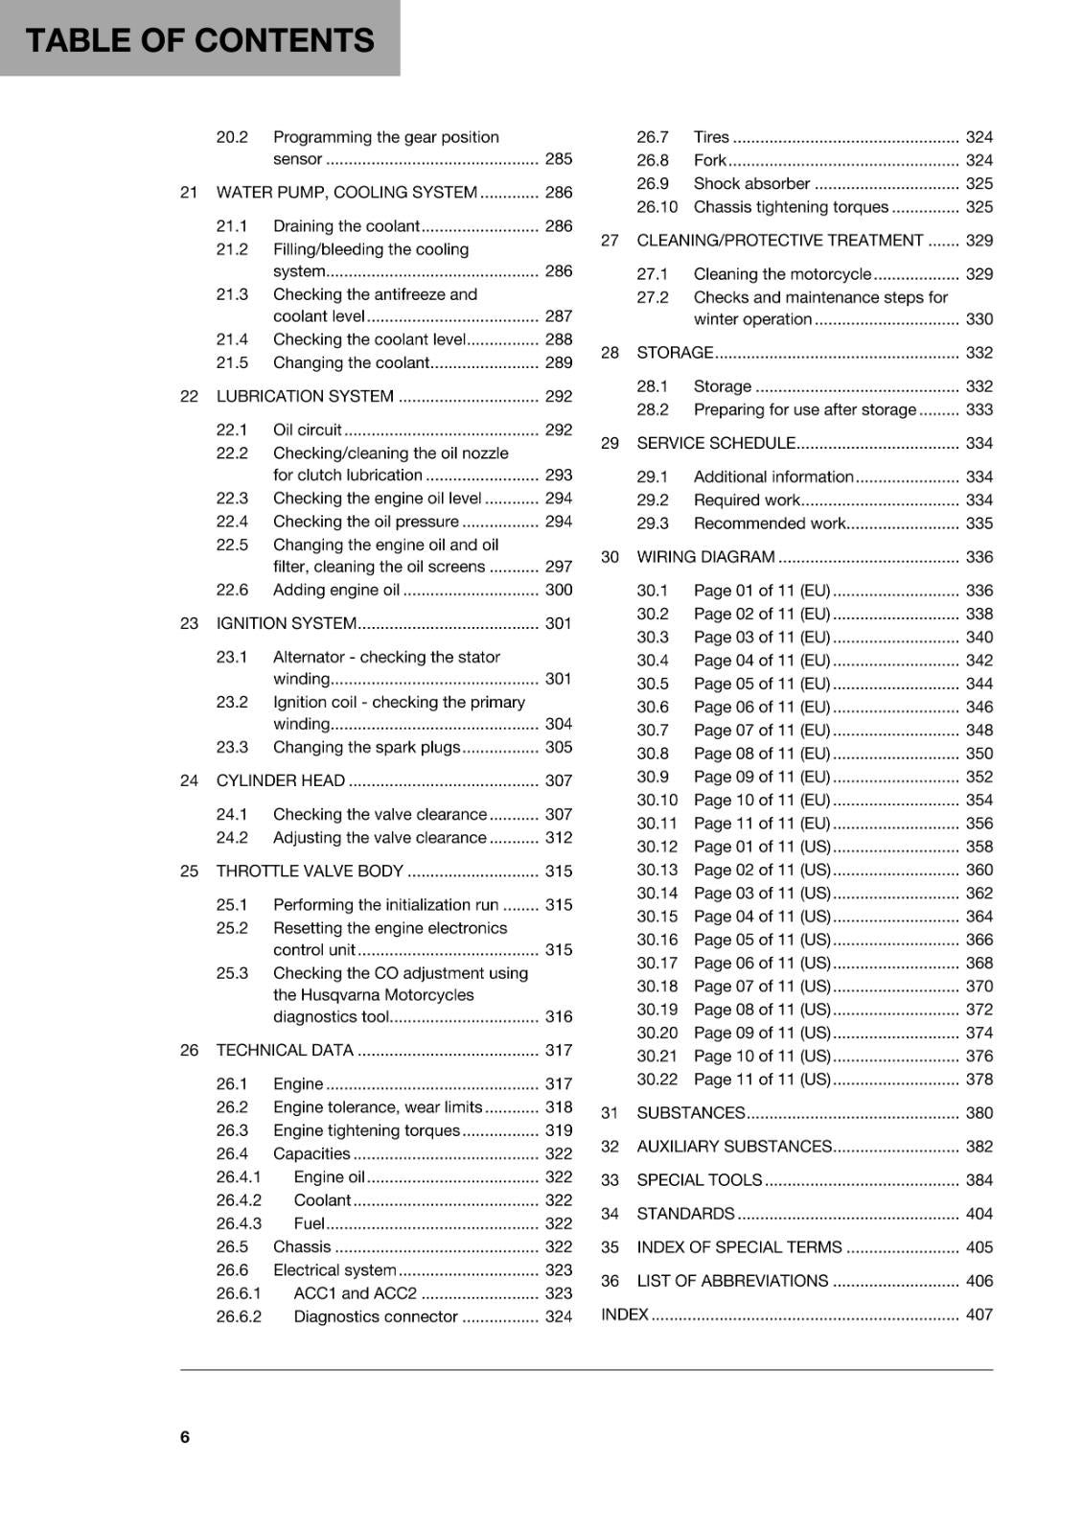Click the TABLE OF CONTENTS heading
click(199, 40)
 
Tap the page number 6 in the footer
click(185, 1436)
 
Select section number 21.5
click(232, 362)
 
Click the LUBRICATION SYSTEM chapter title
click(305, 396)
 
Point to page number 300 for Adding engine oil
click(558, 590)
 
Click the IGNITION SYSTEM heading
click(286, 623)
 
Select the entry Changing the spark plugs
click(366, 747)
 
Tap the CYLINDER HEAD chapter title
click(280, 780)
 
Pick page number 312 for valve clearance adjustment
click(558, 837)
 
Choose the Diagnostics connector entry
click(375, 1316)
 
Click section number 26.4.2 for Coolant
click(238, 1200)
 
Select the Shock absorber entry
click(751, 183)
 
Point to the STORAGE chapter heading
click(675, 353)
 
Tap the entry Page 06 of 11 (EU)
click(761, 707)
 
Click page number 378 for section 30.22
click(979, 1079)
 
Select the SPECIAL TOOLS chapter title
click(699, 1180)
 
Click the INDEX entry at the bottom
click(625, 1314)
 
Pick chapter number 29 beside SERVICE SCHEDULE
click(610, 443)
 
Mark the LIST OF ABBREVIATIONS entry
click(732, 1281)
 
